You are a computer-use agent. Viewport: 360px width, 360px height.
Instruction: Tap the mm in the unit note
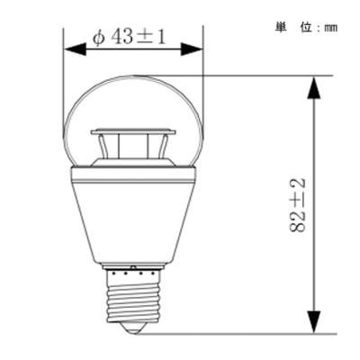coord(331,27)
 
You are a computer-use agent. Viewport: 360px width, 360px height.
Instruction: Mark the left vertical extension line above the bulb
coord(63,72)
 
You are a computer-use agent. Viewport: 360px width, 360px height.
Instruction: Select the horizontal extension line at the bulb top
coord(270,74)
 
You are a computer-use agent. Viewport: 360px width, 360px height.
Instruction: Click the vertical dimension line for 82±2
coord(313,270)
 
